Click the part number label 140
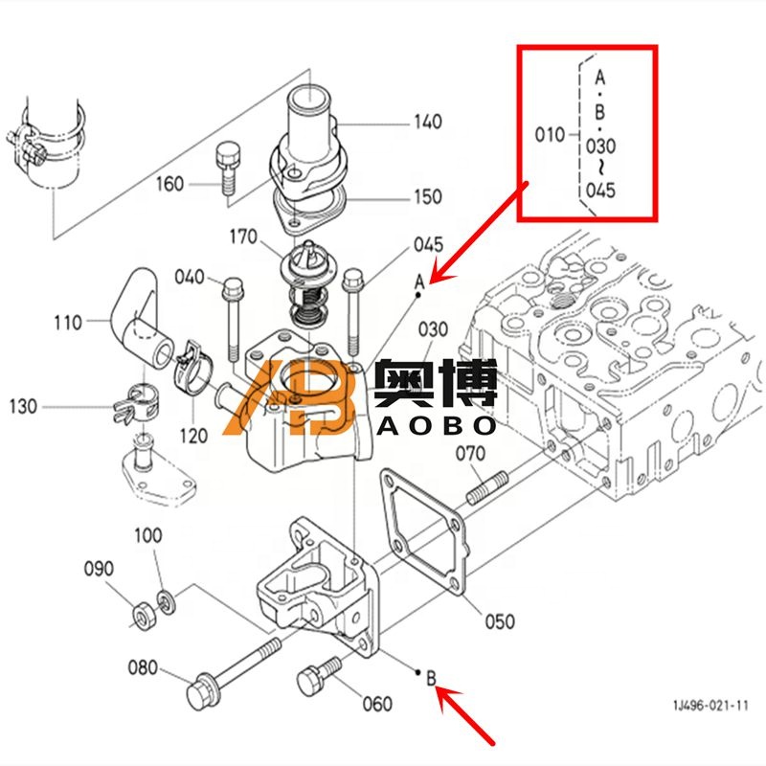427,122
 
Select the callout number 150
427,196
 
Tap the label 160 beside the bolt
169,183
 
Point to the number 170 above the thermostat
242,236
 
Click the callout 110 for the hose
67,323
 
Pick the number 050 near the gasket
498,621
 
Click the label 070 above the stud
469,453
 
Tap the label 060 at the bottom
377,704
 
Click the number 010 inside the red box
550,135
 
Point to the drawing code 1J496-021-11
710,706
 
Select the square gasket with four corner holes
420,530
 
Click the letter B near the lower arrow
431,679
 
